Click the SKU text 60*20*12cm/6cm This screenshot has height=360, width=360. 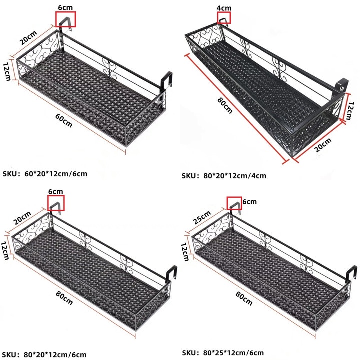click(x=56, y=174)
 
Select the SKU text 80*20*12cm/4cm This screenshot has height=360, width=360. click(x=235, y=176)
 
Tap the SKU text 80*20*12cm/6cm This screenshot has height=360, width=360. click(x=55, y=355)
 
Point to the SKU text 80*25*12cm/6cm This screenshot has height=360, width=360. click(x=233, y=353)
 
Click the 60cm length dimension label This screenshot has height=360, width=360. click(x=64, y=120)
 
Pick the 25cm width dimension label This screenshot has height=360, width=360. click(x=202, y=217)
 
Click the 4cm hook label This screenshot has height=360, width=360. click(x=224, y=8)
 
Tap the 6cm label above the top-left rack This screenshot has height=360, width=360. click(x=65, y=7)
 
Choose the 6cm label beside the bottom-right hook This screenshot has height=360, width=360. click(x=250, y=202)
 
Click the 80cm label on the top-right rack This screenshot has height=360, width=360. click(x=225, y=106)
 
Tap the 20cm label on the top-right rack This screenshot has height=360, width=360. click(x=323, y=145)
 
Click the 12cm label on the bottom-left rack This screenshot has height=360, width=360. click(x=5, y=250)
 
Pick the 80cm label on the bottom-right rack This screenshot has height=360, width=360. click(x=244, y=298)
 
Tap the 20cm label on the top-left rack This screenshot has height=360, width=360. click(x=28, y=38)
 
